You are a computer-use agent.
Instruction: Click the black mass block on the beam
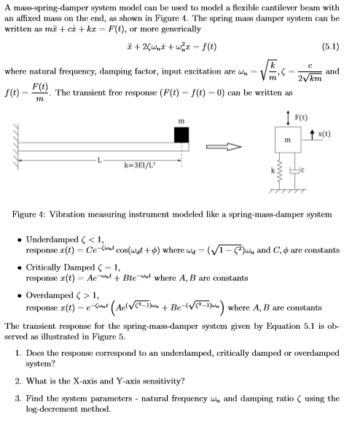181,136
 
